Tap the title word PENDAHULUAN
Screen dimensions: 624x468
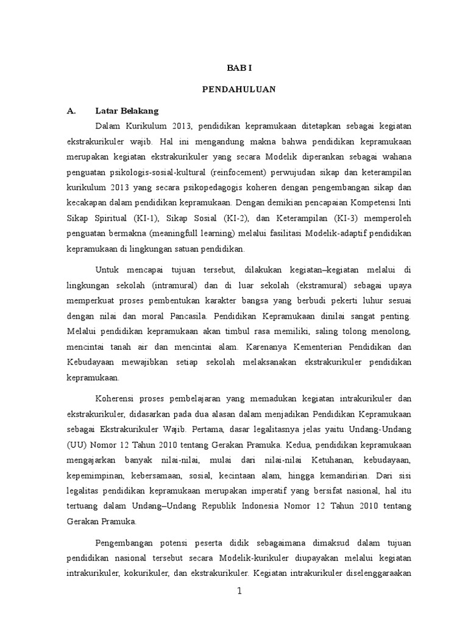click(239, 90)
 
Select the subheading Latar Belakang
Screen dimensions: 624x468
click(127, 110)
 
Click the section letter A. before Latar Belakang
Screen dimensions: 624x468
click(72, 110)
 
